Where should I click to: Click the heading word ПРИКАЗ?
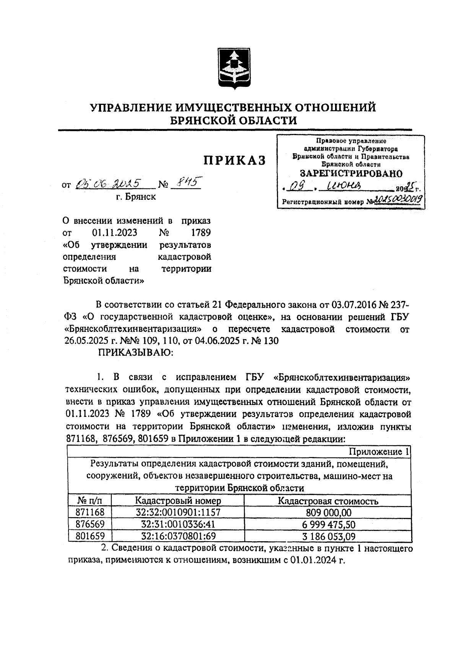(x=234, y=160)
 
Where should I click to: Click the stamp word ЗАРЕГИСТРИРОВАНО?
(x=351, y=173)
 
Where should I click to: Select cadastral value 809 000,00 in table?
(x=329, y=513)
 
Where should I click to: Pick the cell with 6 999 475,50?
(x=329, y=524)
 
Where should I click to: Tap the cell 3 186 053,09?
(x=329, y=536)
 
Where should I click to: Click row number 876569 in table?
(x=90, y=524)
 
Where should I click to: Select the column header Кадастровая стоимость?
(x=328, y=501)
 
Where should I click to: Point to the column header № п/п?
(x=90, y=501)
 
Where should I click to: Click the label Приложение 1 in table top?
(x=379, y=452)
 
